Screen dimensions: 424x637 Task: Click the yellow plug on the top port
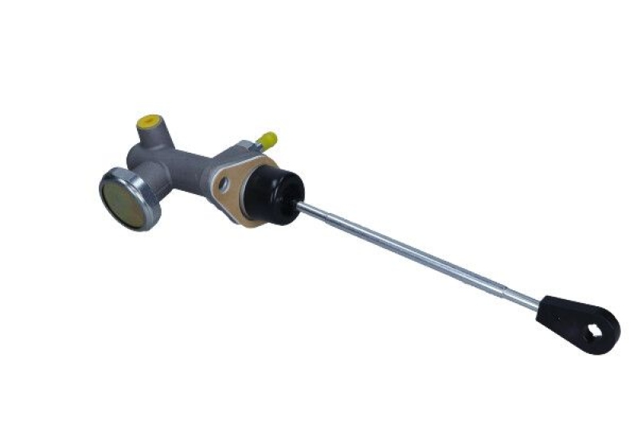[x=147, y=123]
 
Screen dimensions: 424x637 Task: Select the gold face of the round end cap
[x=124, y=200]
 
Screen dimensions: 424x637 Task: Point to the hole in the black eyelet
[x=592, y=329]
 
